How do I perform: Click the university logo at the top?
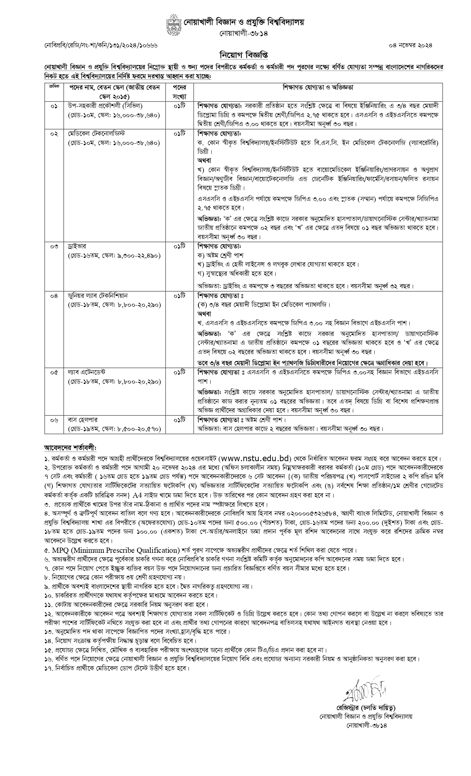[x=173, y=25]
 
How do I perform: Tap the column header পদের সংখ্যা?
[x=180, y=92]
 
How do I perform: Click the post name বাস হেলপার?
[x=82, y=420]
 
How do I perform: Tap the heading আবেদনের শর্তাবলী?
[x=70, y=447]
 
